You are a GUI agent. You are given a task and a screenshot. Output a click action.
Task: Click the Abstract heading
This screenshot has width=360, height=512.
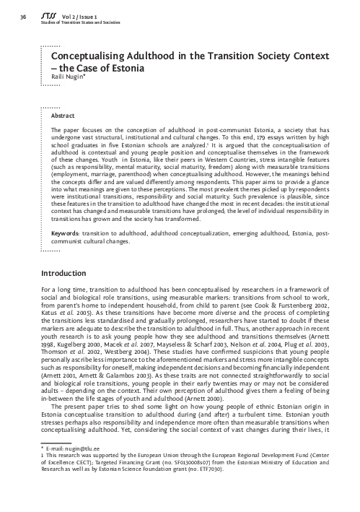pos(64,115)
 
